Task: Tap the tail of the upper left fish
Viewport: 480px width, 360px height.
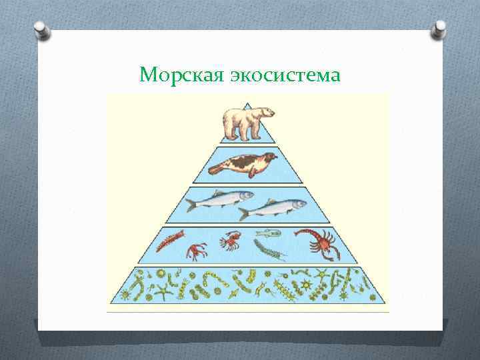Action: click(x=192, y=204)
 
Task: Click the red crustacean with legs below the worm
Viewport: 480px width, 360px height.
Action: click(x=196, y=251)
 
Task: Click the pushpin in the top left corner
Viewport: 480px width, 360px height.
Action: click(x=41, y=30)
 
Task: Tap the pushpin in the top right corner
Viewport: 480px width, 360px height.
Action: click(x=439, y=28)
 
